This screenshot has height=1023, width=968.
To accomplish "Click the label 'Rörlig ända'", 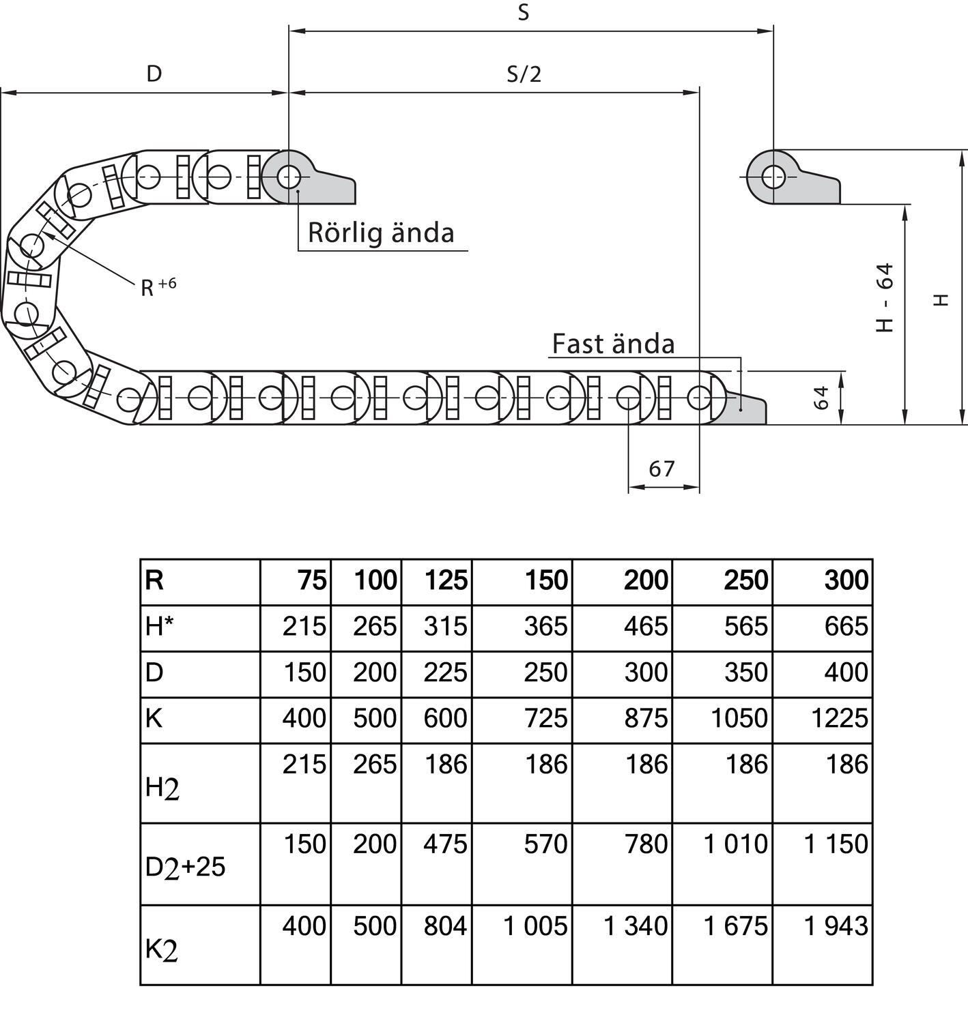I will click(381, 233).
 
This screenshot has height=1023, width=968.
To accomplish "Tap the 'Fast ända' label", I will click(613, 344).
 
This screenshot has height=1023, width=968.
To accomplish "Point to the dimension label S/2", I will click(524, 74).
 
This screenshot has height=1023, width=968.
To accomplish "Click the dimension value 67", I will click(661, 469).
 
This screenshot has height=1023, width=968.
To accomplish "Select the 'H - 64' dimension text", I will click(885, 297).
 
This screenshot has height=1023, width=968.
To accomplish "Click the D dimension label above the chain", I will click(154, 74).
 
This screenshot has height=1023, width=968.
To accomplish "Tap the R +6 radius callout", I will click(158, 286).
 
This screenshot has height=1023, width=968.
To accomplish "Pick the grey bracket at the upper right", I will click(806, 184).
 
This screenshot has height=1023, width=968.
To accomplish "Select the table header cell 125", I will click(446, 581).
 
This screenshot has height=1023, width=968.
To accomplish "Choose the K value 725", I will click(545, 719).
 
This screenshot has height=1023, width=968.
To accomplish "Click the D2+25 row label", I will click(185, 867).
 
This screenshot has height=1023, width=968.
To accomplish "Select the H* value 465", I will click(645, 627).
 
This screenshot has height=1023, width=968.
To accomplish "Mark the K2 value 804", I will click(445, 926).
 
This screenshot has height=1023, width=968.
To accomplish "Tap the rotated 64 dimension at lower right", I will click(822, 398).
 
